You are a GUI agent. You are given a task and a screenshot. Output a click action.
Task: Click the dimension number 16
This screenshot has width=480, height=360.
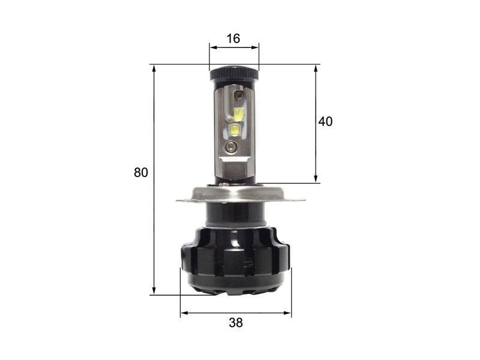pos(233,38)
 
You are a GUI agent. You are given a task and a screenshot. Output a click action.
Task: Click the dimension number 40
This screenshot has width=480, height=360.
pos(325,122)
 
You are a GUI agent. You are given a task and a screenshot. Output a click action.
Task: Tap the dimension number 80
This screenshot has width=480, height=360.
pos(141,173)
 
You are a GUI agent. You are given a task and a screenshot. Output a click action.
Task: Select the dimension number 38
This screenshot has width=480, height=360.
pos(236,323)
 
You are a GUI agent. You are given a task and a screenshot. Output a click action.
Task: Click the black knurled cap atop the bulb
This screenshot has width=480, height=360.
pos(234,73)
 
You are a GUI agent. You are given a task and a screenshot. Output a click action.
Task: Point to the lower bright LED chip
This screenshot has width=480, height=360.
pos(235,130)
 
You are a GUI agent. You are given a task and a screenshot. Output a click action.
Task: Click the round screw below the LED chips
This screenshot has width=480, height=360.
pos(230,147)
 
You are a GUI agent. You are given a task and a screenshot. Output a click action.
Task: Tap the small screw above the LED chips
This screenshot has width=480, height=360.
pos(238,95)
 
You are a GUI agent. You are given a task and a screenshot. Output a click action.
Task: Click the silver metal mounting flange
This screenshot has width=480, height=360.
pos(241,194)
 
